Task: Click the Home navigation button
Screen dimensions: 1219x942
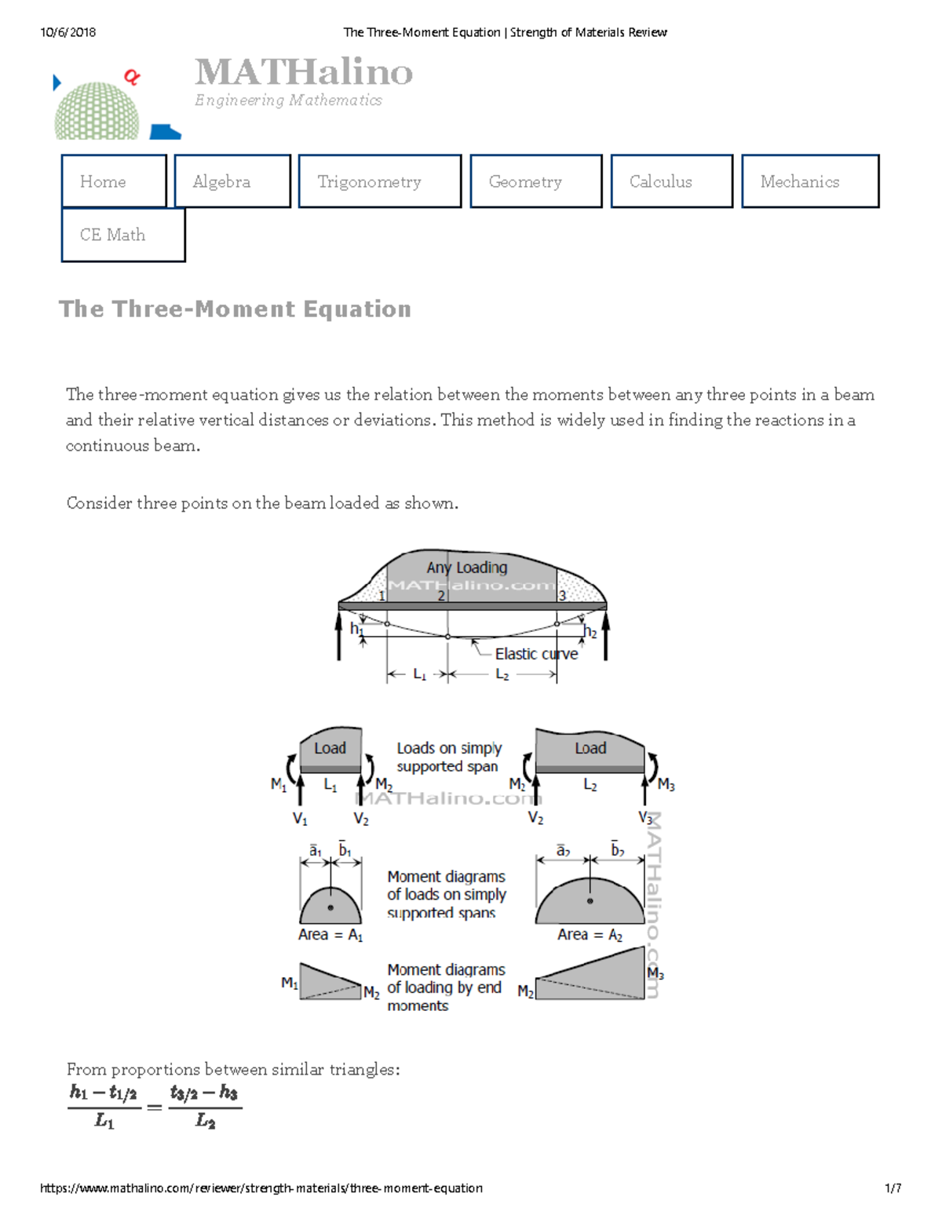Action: pos(114,181)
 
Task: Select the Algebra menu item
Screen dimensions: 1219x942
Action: pos(232,181)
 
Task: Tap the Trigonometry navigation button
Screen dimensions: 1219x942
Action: pos(379,181)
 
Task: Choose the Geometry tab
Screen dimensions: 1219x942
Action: pos(535,181)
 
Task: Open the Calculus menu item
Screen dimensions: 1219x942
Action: pos(671,181)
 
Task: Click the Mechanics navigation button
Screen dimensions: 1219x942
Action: pos(809,181)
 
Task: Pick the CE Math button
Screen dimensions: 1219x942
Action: pos(123,235)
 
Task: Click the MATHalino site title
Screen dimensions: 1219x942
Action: pos(303,72)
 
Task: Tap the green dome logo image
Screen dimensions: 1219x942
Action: pos(97,111)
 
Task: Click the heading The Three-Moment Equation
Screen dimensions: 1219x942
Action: pos(235,308)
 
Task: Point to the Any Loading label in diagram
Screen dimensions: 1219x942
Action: pos(466,567)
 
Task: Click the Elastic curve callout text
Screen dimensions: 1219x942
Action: pos(536,654)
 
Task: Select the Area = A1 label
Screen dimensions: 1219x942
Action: pos(330,935)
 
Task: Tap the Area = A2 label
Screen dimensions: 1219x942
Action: pos(590,935)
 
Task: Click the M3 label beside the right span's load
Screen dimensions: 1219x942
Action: pos(666,784)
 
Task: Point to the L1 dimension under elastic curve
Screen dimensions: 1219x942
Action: pos(419,674)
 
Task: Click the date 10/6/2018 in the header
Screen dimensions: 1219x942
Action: pos(68,32)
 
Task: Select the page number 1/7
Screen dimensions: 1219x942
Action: pos(893,1188)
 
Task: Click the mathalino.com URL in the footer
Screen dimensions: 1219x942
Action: pos(261,1188)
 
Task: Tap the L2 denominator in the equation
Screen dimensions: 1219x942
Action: pos(205,1121)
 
